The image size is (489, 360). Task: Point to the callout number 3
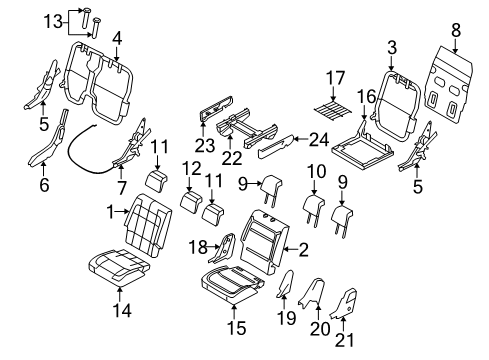coord(391,46)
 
